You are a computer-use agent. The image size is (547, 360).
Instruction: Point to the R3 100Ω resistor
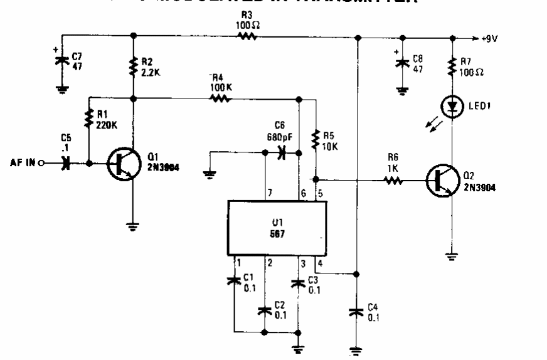coord(247,36)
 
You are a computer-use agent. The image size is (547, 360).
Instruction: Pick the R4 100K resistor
coord(220,98)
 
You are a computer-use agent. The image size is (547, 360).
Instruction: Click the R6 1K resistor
coord(394,182)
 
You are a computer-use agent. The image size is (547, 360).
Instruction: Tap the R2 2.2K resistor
coord(133,66)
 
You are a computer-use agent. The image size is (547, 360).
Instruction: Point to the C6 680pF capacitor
coord(281,152)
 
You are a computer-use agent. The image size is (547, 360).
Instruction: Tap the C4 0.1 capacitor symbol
coord(356,312)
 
